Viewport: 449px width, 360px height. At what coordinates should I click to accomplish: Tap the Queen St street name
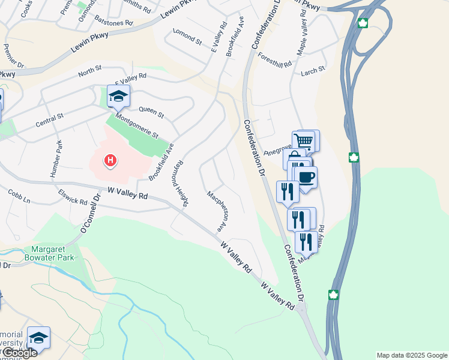coord(151,111)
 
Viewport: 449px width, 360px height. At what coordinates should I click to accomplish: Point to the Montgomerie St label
coord(137,127)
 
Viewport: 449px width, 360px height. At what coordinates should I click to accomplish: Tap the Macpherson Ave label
coord(217,212)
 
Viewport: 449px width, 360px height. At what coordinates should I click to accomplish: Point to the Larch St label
coord(313,70)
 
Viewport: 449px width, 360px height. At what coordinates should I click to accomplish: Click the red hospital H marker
coord(110,160)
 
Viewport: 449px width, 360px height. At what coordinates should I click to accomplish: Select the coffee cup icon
coord(306,178)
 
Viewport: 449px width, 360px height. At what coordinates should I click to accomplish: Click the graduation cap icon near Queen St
coord(118,95)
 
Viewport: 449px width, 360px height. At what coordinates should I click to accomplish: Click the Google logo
coord(19,353)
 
